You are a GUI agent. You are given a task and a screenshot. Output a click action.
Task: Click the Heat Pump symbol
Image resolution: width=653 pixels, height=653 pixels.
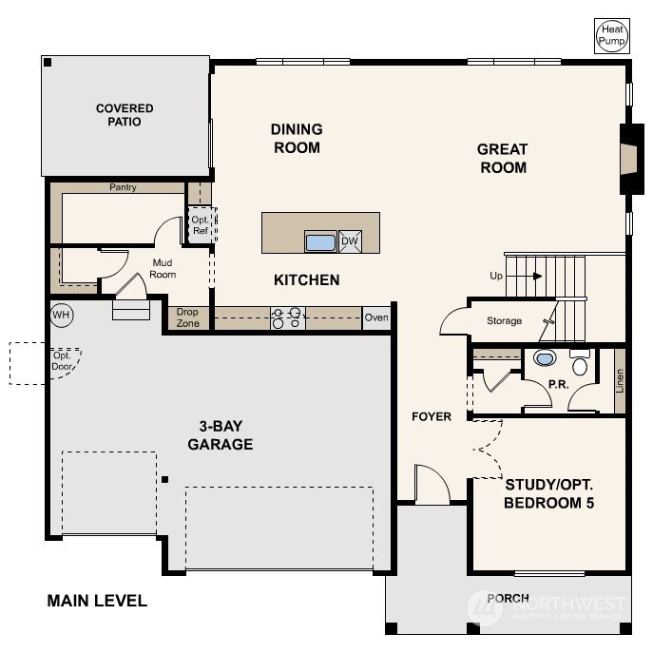[612, 36]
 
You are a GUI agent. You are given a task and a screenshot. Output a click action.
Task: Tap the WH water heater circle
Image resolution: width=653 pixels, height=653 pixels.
[62, 315]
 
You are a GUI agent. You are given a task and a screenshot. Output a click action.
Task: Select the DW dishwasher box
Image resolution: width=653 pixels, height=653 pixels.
[350, 241]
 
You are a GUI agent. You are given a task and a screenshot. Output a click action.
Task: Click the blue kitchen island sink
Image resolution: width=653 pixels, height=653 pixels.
[320, 242]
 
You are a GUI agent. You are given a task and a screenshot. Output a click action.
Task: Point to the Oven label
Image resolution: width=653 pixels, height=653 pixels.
[376, 317]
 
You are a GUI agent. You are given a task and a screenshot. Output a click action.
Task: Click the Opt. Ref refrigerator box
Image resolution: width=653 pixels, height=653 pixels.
[202, 225]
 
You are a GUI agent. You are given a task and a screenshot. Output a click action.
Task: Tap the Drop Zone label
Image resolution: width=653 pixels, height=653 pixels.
[187, 317]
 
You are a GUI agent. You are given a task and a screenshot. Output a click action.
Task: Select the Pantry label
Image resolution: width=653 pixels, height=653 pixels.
[123, 187]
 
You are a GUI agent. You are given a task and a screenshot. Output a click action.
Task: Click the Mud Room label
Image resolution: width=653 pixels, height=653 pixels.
[163, 269]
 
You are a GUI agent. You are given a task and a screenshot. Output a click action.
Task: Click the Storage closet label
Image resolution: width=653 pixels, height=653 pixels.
[505, 320]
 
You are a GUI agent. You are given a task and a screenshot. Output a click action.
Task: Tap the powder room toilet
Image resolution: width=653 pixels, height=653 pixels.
[580, 363]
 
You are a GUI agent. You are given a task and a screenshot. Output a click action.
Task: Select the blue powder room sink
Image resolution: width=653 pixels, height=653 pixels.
[545, 358]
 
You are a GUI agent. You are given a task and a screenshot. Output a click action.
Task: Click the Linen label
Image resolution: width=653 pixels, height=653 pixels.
[620, 380]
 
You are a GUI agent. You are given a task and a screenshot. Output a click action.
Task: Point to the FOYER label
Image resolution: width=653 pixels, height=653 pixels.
[432, 416]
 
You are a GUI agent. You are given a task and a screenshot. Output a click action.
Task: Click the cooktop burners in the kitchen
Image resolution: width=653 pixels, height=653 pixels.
[287, 318]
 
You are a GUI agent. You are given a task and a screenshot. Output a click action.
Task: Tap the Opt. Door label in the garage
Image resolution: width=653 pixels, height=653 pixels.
[62, 361]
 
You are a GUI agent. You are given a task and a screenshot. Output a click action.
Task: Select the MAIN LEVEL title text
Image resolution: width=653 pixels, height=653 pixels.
[97, 601]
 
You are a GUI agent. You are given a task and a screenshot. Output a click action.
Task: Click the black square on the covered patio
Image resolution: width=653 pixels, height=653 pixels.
[48, 62]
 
